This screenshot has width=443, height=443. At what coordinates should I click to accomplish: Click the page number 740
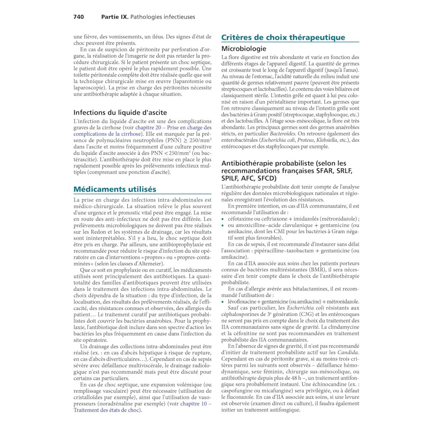click(79, 17)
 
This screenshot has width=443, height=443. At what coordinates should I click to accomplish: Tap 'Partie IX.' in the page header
click(114, 17)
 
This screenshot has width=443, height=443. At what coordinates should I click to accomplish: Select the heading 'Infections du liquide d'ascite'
click(120, 113)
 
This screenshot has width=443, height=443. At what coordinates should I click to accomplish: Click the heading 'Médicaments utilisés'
click(115, 189)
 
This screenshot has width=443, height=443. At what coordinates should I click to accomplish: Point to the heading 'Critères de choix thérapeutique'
click(283, 37)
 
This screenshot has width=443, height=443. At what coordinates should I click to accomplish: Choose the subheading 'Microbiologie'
click(244, 49)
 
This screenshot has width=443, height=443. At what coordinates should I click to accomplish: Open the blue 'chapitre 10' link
click(193, 404)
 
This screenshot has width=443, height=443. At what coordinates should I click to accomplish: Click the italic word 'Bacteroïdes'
click(283, 134)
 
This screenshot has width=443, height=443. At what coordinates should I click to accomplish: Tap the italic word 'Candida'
click(348, 353)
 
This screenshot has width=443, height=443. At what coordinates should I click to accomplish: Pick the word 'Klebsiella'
click(327, 140)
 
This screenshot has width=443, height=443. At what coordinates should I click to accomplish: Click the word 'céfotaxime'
click(241, 219)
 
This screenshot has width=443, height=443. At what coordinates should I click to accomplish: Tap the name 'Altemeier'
click(150, 264)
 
